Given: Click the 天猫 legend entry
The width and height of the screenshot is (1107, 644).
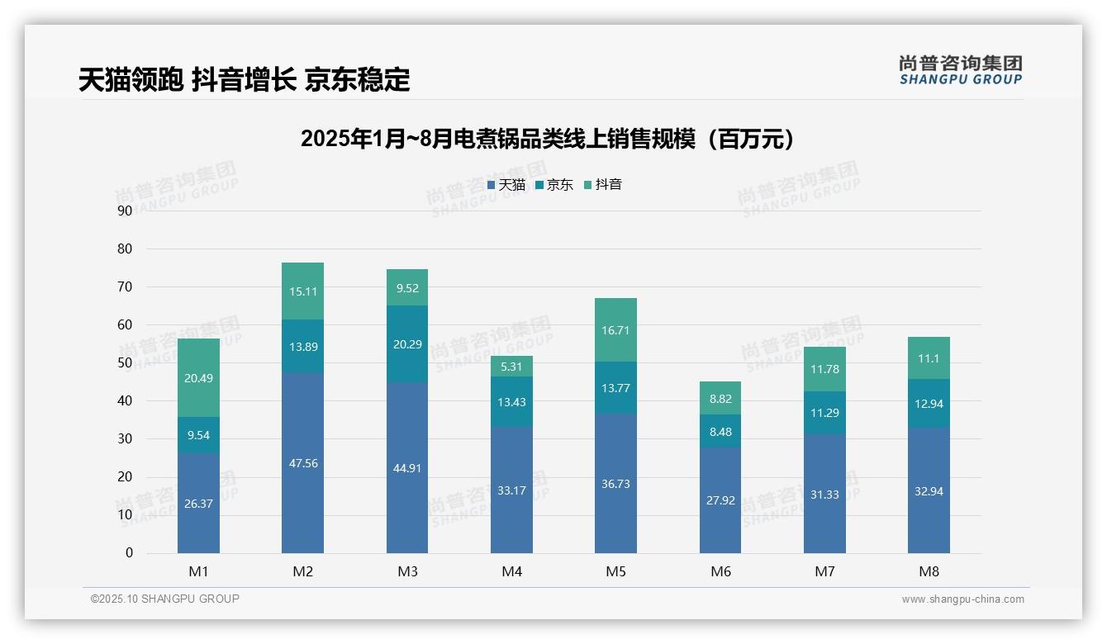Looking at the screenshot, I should click(506, 185).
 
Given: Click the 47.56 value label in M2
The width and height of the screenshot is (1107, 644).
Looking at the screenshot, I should click(303, 463).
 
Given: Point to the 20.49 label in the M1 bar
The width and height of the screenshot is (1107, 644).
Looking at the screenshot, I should click(198, 378).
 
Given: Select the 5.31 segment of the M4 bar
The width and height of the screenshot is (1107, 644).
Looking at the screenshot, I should click(511, 367).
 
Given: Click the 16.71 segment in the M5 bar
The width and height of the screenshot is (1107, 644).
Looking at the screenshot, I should click(615, 330).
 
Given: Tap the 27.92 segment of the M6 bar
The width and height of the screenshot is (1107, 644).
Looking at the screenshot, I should click(720, 500).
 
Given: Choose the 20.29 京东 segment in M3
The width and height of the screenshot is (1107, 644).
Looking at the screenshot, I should click(407, 344).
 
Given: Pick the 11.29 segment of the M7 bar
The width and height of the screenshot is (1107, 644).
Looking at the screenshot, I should click(824, 413).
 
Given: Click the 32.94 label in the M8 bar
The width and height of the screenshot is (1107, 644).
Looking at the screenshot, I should click(929, 490).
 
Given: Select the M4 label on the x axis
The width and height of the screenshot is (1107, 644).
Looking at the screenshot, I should click(511, 571).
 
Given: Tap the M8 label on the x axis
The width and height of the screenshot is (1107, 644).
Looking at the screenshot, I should click(929, 571).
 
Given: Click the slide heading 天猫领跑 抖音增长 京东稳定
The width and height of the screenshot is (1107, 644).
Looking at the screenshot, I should click(244, 79).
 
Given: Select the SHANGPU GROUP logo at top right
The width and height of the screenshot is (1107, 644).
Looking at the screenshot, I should click(960, 70).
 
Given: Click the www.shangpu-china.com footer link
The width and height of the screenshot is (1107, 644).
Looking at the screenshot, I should click(962, 599).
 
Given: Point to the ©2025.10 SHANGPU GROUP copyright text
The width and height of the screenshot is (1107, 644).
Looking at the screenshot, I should click(165, 599).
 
